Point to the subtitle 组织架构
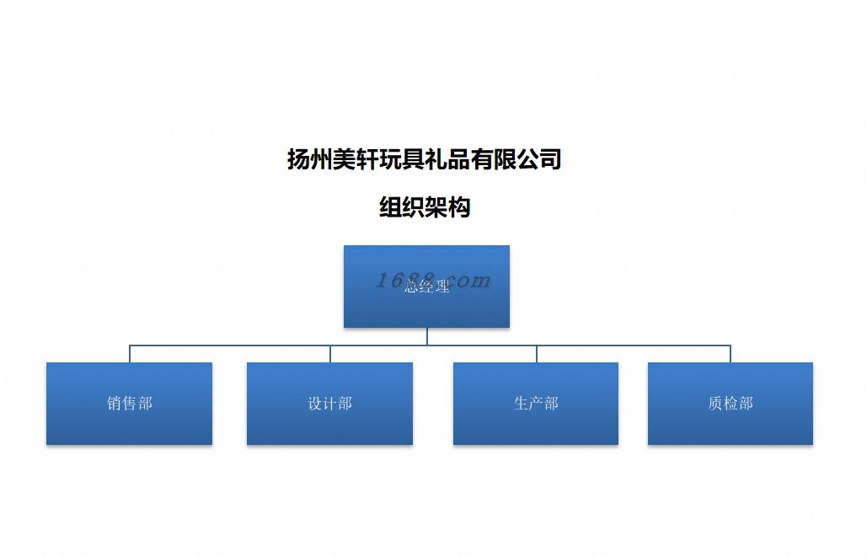[425, 207]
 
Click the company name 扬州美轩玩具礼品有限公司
[425, 158]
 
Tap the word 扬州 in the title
[310, 158]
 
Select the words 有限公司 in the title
[516, 158]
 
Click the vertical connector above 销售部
[130, 354]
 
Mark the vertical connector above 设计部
[330, 354]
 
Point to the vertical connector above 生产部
[537, 354]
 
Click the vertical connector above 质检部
[731, 354]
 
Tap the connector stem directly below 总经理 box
[427, 336]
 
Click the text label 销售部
[130, 404]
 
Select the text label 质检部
[731, 404]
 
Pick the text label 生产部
[536, 404]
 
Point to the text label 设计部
[329, 404]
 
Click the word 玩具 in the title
[402, 158]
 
